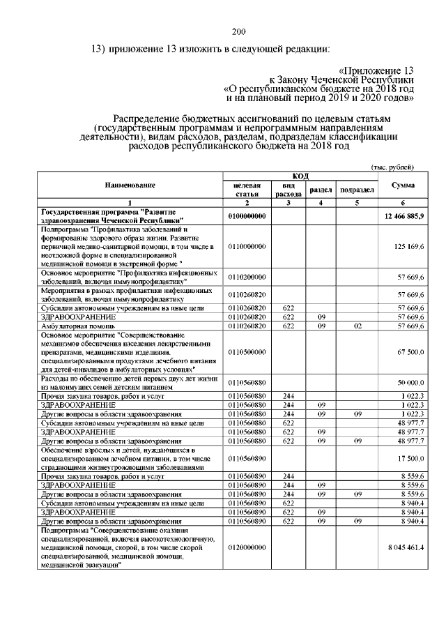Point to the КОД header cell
300,176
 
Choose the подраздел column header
355,190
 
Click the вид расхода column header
287,190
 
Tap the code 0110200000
247,277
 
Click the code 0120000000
247,547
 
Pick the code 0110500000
247,352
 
